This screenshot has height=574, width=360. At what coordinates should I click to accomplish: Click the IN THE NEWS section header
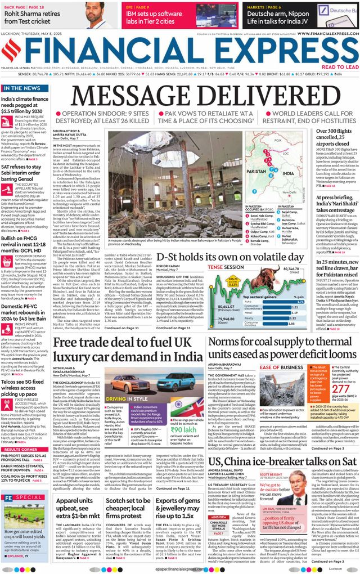click(22, 88)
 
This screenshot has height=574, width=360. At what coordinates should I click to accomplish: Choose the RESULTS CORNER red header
click(22, 450)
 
